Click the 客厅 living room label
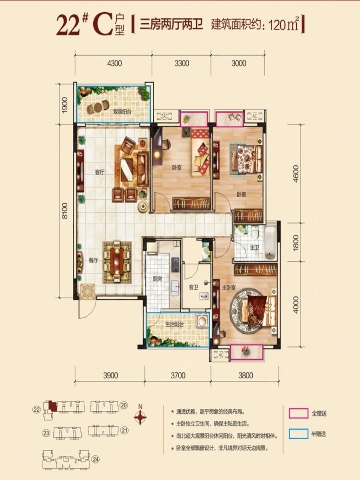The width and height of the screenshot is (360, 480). (x=100, y=172)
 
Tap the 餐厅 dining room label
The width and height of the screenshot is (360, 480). (x=93, y=260)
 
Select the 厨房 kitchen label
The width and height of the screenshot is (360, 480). (x=157, y=279)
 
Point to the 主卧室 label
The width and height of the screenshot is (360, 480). (x=229, y=288)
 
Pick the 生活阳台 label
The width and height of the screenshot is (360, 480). (x=174, y=324)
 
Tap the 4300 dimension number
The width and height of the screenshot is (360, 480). (x=114, y=63)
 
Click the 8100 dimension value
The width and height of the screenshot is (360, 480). (x=65, y=211)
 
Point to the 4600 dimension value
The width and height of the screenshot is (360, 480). (x=296, y=174)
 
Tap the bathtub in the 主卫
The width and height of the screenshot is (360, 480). (x=270, y=243)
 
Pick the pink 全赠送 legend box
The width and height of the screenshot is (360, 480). (x=298, y=413)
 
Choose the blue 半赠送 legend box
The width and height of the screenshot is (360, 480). (x=298, y=434)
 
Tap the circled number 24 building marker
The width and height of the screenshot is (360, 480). (x=96, y=459)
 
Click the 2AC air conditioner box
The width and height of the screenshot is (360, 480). (x=164, y=116)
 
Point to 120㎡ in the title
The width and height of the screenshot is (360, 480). (x=284, y=25)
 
